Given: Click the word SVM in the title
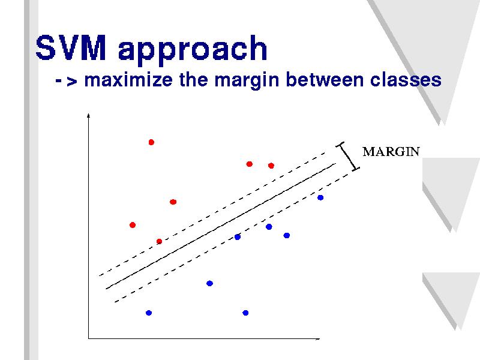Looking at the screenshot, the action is coord(71,47).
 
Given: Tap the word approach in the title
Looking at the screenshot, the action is coord(193,50).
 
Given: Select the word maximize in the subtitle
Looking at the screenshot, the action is coord(128,80).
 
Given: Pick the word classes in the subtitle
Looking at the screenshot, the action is coord(406,80).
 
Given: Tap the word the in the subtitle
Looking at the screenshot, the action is coord(193,80).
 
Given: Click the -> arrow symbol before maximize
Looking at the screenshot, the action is coord(67,81).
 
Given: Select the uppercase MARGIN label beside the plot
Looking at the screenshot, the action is coord(391,152).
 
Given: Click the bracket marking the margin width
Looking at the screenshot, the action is coord(348,157).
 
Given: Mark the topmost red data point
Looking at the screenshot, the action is coord(151,142).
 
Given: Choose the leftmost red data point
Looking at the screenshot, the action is coord(133,225).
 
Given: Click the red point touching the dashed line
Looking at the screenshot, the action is coord(159,242).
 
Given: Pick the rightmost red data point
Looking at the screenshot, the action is coord(271,166).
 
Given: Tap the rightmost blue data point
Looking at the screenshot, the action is coord(320,197).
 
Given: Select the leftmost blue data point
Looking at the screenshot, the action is coord(149,313).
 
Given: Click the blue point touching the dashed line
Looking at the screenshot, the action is coord(237,236).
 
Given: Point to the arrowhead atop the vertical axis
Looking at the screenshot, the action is coord(88,115).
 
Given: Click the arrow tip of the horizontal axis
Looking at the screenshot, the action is coord(320,338).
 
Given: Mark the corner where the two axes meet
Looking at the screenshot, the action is coord(88,338).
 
